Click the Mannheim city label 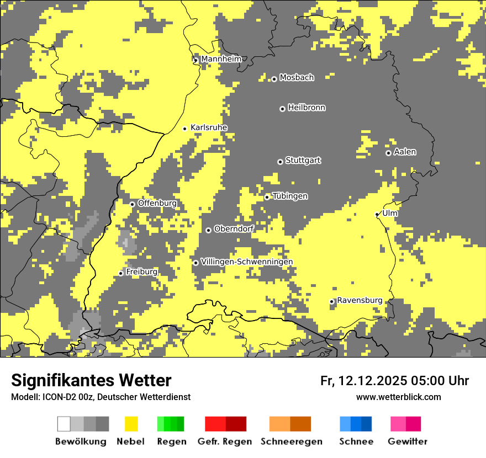pyautogui.click(x=221, y=59)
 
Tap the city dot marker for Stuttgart pyautogui.click(x=280, y=162)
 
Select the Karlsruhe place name pyautogui.click(x=209, y=127)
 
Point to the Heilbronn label pyautogui.click(x=307, y=108)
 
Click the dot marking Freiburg pyautogui.click(x=121, y=273)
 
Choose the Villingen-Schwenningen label pyautogui.click(x=247, y=262)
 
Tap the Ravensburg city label pyautogui.click(x=360, y=300)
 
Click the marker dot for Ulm pyautogui.click(x=377, y=214)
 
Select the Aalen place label pyautogui.click(x=405, y=152)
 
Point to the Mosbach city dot pyautogui.click(x=274, y=79)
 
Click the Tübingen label pyautogui.click(x=290, y=196)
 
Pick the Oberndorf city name pyautogui.click(x=234, y=228)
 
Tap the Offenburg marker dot pyautogui.click(x=133, y=204)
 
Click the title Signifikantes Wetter pyautogui.click(x=91, y=380)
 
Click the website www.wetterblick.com pyautogui.click(x=398, y=397)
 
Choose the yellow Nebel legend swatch pyautogui.click(x=131, y=424)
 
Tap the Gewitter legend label pyautogui.click(x=407, y=441)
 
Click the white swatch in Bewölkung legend pyautogui.click(x=64, y=424)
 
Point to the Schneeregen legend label pyautogui.click(x=291, y=441)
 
